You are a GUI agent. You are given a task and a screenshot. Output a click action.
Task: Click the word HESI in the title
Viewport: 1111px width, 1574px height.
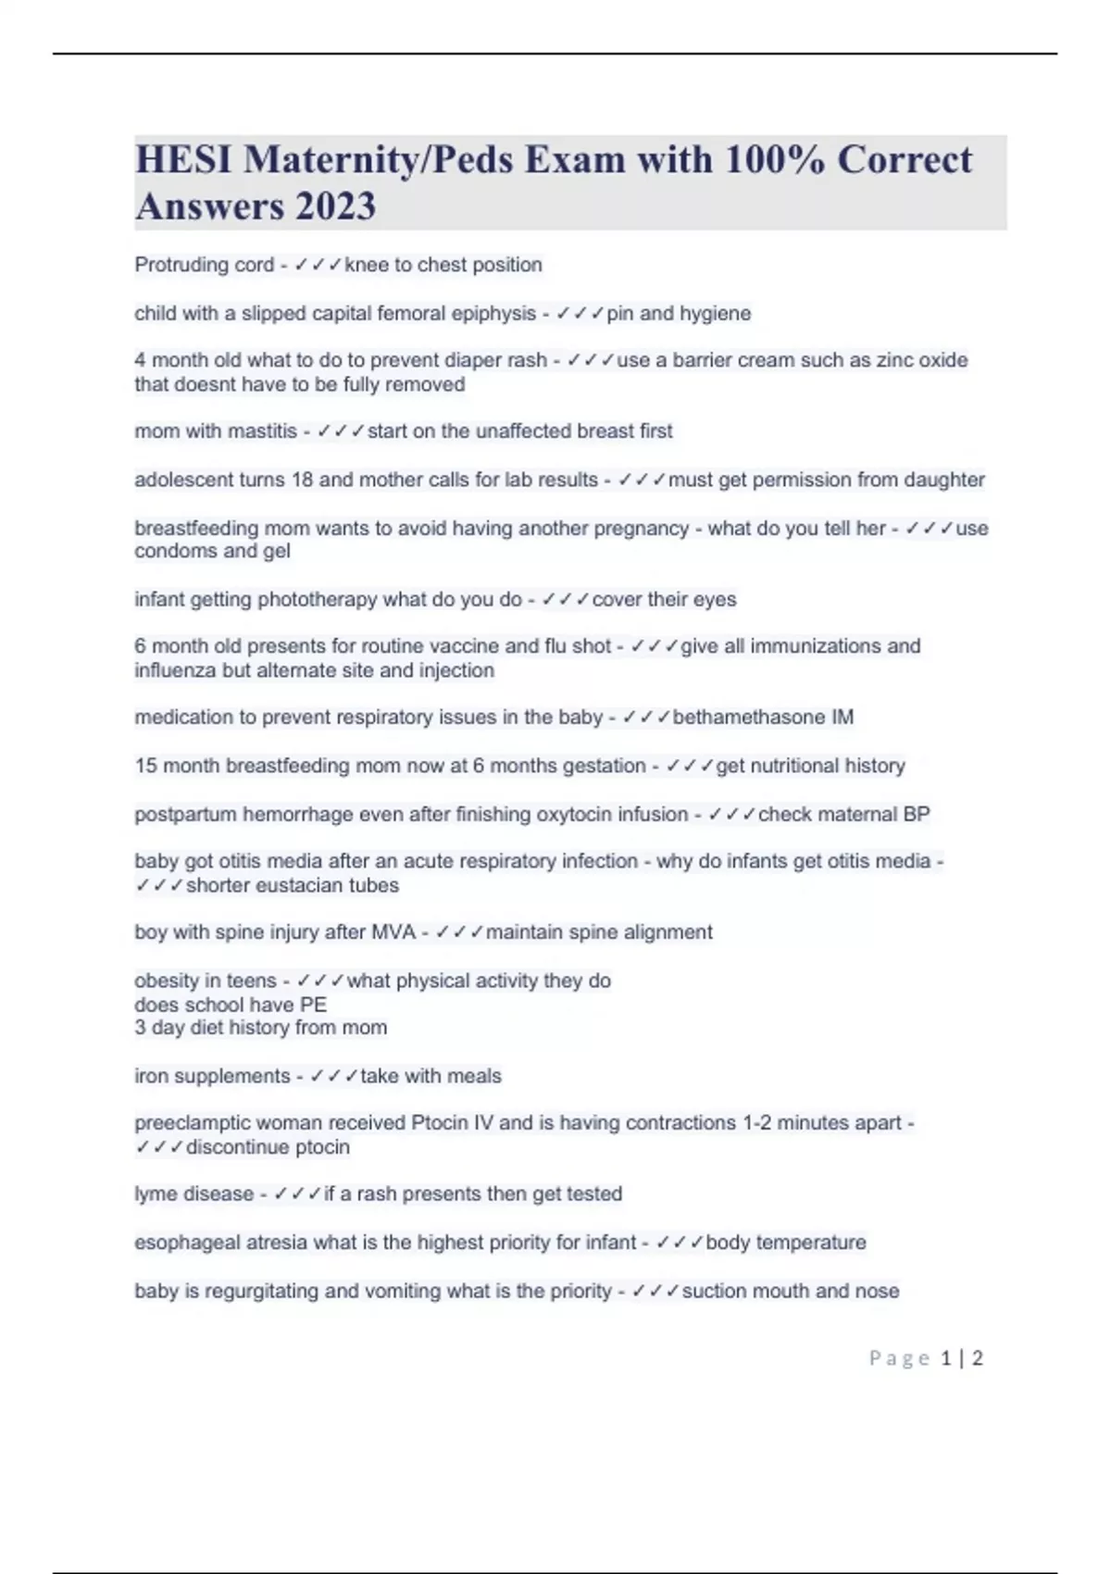183,160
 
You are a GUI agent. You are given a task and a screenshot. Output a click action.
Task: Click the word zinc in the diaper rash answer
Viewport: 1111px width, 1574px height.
893,360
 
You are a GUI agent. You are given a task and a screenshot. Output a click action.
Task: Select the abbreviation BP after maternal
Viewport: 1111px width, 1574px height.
916,815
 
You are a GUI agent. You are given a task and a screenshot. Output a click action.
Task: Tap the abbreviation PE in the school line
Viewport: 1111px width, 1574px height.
313,1006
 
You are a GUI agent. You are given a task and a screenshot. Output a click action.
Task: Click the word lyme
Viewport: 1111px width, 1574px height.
155,1194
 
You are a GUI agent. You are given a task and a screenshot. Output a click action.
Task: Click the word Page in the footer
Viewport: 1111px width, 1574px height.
899,1358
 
